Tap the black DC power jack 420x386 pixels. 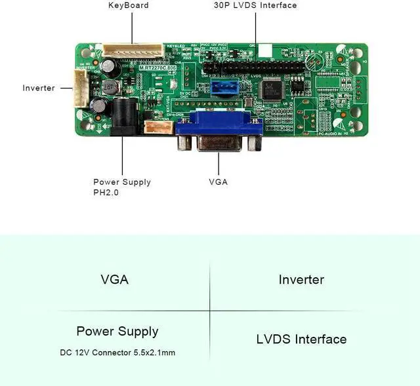click(121, 116)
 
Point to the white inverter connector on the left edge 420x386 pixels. click(79, 87)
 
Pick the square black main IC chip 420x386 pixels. click(271, 88)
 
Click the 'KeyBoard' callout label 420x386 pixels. click(128, 5)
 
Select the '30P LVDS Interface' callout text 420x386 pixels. click(255, 5)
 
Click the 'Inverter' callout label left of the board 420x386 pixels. click(39, 88)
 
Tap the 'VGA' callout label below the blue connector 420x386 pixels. click(219, 182)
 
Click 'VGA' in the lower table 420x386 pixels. click(114, 280)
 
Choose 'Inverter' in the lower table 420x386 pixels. click(301, 280)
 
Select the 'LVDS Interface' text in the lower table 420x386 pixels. click(301, 339)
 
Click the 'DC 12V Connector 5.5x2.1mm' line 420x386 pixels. click(117, 353)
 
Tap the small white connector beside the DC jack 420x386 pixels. click(158, 126)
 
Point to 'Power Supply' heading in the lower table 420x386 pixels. click(117, 332)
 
